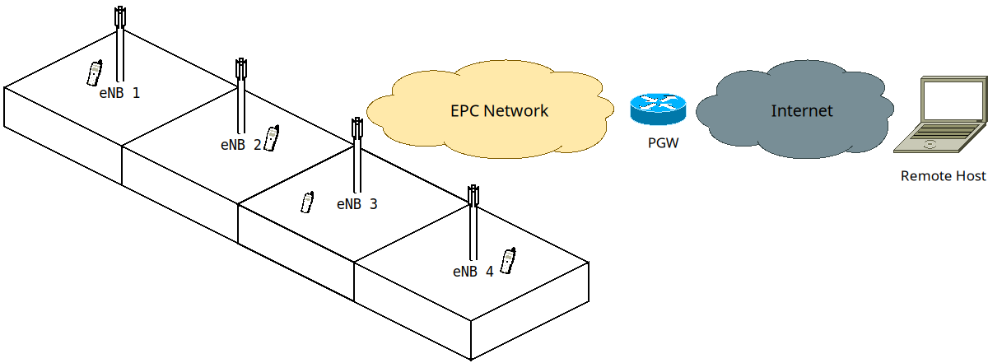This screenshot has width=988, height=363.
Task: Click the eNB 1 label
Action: pos(119,93)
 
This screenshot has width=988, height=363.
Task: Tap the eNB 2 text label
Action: pos(240,144)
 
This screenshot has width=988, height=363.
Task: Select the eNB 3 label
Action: pos(357,203)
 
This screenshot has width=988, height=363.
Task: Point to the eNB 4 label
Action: pos(473,271)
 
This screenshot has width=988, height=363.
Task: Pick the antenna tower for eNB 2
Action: pos(241,95)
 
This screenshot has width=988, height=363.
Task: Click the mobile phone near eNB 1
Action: pos(95,72)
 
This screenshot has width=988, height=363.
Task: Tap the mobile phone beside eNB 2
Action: pos(271,137)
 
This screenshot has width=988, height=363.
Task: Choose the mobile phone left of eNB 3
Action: pos(307,202)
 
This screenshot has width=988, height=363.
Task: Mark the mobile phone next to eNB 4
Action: pos(508,260)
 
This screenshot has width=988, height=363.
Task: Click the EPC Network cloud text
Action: pos(499,110)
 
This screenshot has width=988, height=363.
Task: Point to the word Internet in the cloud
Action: pos(802,110)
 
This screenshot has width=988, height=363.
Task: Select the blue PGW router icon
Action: pos(657,109)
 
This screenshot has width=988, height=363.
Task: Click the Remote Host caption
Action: pos(944,176)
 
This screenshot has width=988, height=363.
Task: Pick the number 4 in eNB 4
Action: pos(489,271)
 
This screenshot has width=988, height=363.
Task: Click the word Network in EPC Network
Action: pos(518,110)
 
